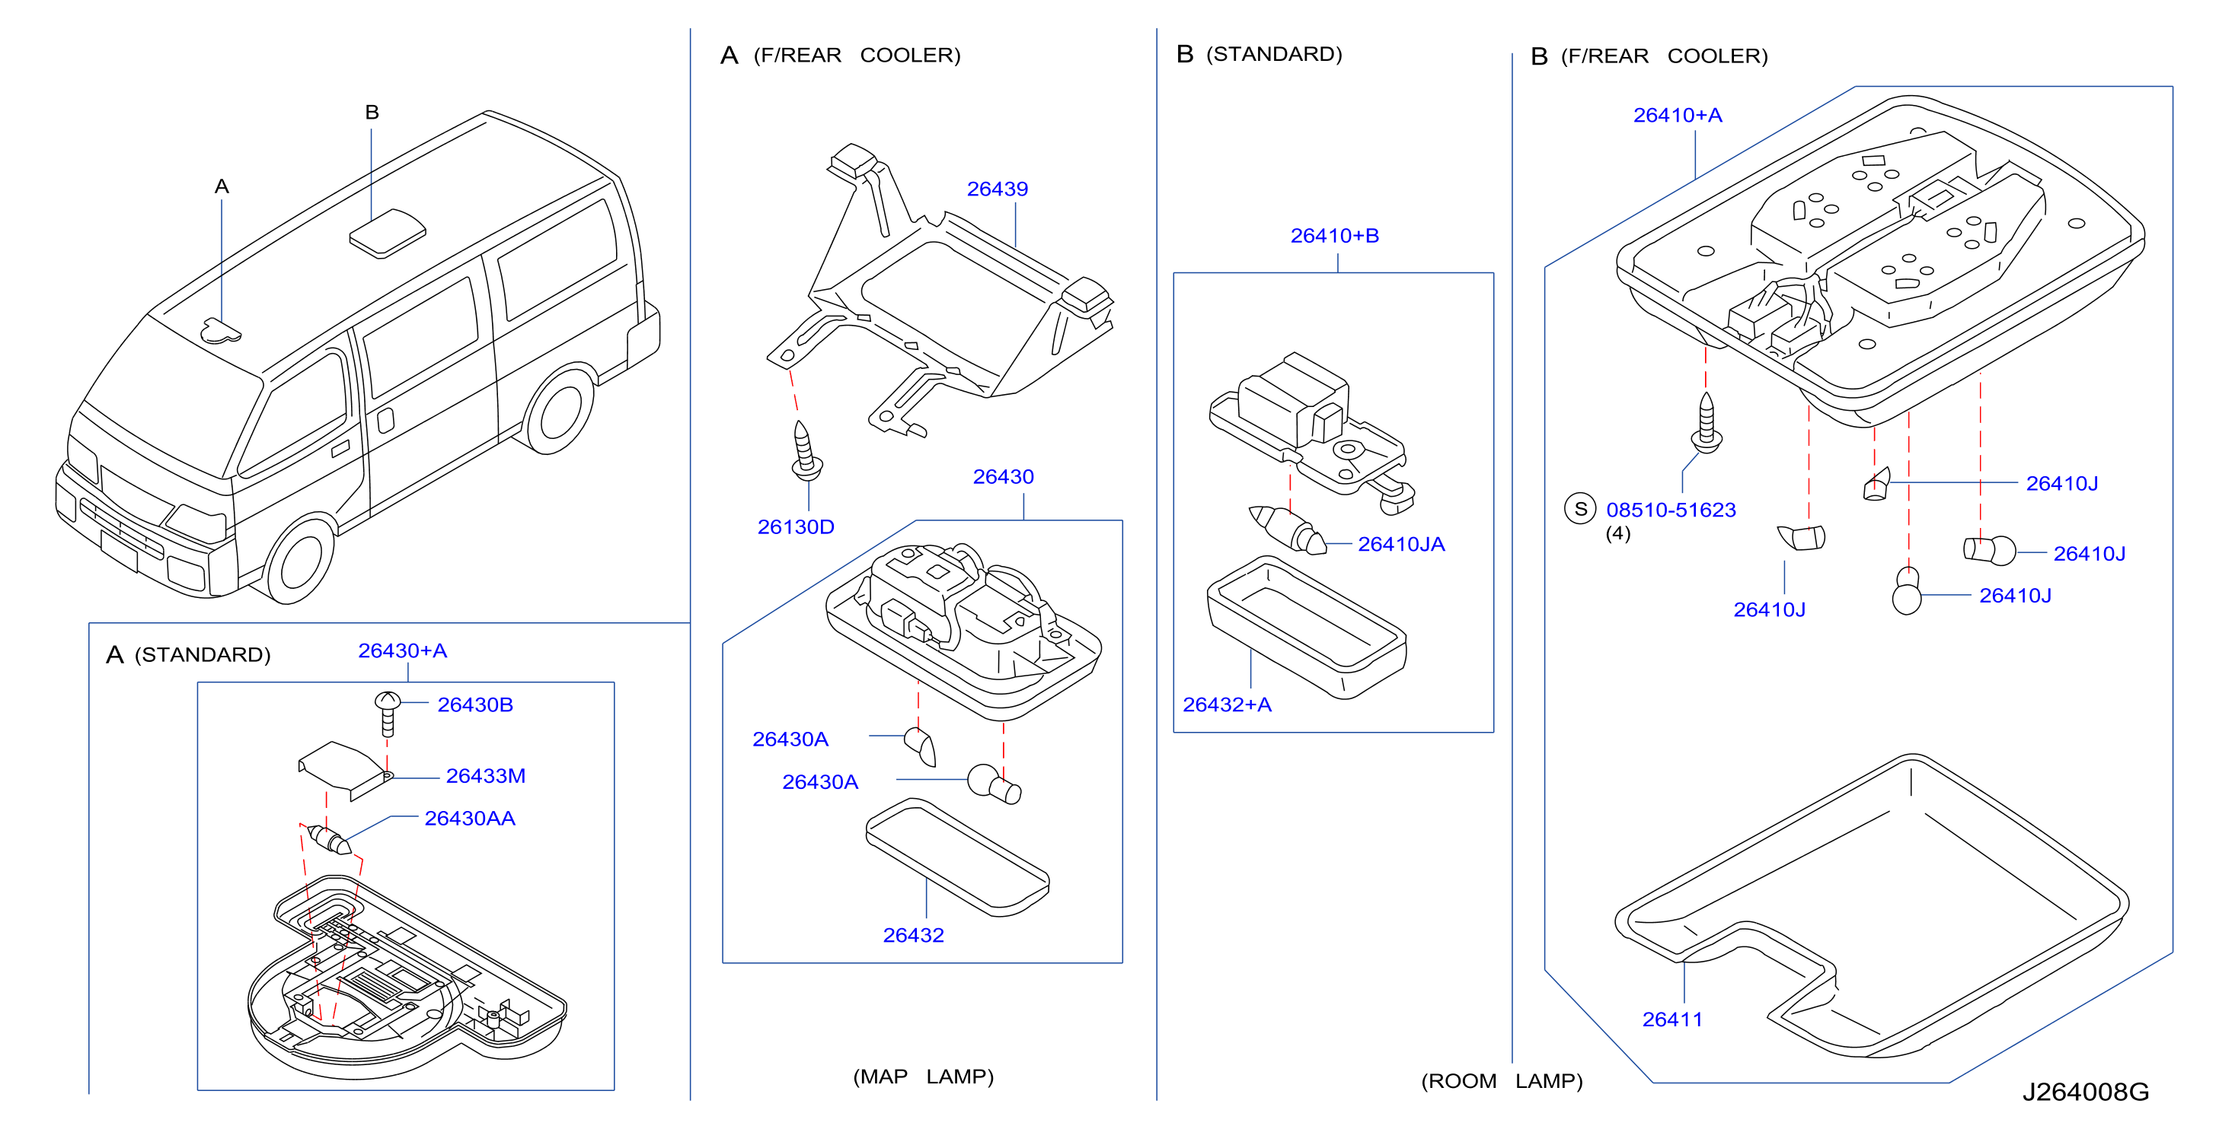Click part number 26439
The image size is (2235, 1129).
click(997, 189)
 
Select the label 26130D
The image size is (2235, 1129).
click(796, 527)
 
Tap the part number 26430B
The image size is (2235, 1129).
click(475, 705)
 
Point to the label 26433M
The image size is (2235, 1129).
click(486, 776)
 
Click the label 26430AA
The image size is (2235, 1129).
click(469, 819)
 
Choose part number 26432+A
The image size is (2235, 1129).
click(1227, 705)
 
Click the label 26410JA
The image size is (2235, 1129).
click(1401, 545)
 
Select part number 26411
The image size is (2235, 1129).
click(1672, 1019)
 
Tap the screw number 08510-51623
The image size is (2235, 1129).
click(1671, 510)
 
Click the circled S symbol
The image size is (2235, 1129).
click(1580, 509)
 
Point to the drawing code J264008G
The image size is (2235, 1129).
click(2086, 1092)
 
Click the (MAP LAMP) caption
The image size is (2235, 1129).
click(923, 1077)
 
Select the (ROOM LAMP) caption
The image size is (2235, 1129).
click(1502, 1081)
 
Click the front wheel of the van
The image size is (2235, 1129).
click(299, 559)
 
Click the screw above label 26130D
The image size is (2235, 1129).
click(806, 451)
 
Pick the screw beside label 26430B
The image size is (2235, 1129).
click(387, 714)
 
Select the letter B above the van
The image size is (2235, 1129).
click(372, 112)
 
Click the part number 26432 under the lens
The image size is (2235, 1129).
click(913, 936)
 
